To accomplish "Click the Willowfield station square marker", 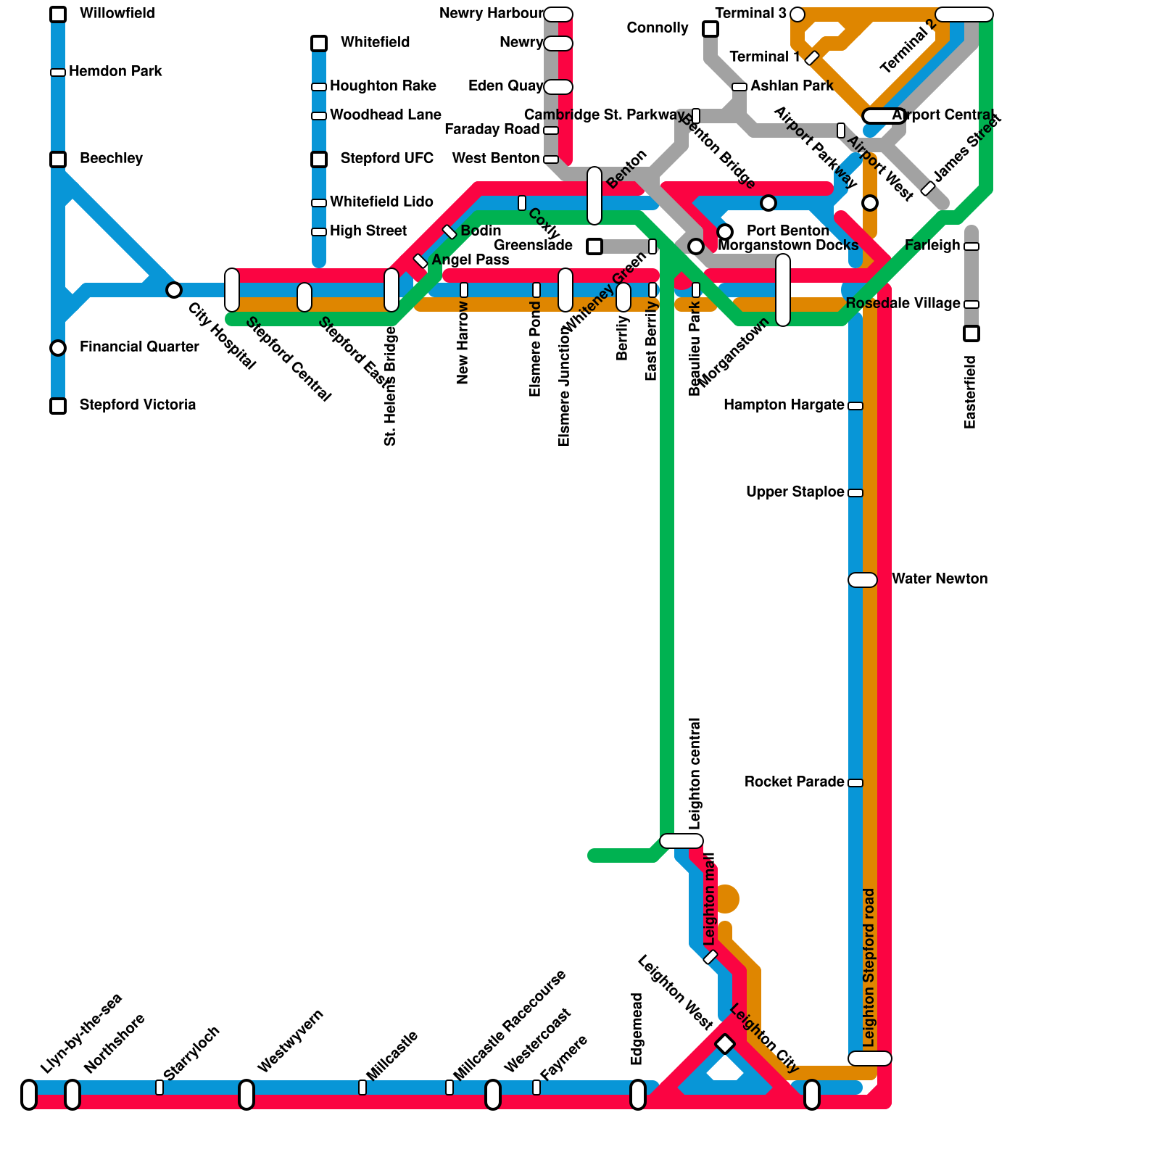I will click(x=58, y=14).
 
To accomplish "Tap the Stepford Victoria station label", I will click(x=138, y=405).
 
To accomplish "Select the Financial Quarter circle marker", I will click(x=58, y=348).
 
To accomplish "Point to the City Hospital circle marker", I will click(x=174, y=290).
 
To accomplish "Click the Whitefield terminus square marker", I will click(x=319, y=43).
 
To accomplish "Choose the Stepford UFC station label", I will click(x=387, y=158).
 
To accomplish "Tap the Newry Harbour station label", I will click(x=491, y=14).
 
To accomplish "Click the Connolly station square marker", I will click(x=710, y=29).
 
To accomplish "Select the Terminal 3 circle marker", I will click(x=797, y=14).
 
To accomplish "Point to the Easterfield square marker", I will click(x=971, y=333).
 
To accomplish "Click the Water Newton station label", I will click(x=940, y=579).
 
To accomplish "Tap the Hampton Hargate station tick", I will click(x=855, y=406).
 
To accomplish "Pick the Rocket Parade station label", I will click(x=795, y=782).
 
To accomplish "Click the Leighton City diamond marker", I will click(x=725, y=1044).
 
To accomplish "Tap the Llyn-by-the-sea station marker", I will click(x=29, y=1095).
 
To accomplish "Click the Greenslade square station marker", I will click(x=594, y=246).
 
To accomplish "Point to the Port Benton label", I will click(x=788, y=231).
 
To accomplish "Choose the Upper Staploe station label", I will click(x=795, y=492).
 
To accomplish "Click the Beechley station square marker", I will click(x=58, y=159).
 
